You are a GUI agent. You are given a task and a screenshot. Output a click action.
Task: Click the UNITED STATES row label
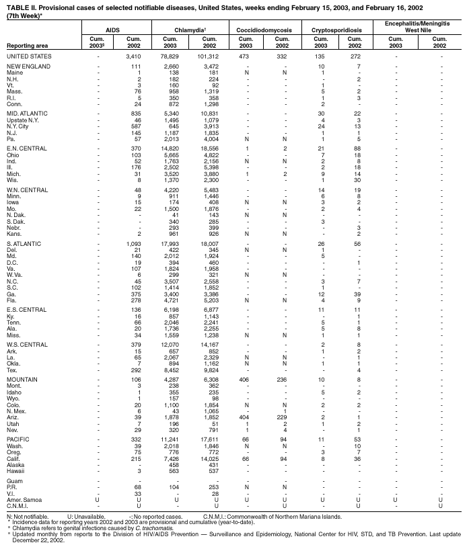[x=28, y=56]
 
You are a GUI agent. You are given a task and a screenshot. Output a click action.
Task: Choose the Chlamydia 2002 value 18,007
[x=206, y=243]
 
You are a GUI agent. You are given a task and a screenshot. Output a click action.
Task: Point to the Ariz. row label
[x=14, y=417]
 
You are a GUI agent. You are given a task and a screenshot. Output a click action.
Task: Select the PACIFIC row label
[x=18, y=439]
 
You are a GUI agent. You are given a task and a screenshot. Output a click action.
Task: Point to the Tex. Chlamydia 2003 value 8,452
[x=169, y=369]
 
